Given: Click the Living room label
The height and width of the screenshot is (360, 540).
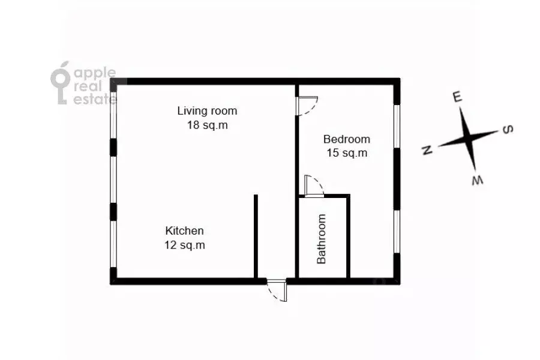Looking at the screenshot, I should pyautogui.click(x=207, y=111).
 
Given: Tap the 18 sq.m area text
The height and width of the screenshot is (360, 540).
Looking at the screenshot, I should pyautogui.click(x=207, y=125).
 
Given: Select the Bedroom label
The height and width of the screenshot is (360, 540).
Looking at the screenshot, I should pyautogui.click(x=347, y=139).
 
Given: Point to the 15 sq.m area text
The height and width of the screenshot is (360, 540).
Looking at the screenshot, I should pyautogui.click(x=347, y=153).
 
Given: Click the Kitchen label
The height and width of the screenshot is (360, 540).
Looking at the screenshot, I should pyautogui.click(x=185, y=230).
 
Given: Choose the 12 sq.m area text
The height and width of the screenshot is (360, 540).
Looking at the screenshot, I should pyautogui.click(x=185, y=245).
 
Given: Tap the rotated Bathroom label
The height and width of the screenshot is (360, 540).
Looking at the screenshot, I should pyautogui.click(x=322, y=239).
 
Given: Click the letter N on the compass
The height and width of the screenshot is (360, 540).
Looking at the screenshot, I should pyautogui.click(x=427, y=151).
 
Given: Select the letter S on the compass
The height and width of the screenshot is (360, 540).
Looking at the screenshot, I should pyautogui.click(x=506, y=129).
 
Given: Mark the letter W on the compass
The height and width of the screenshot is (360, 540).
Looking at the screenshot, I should pyautogui.click(x=477, y=179).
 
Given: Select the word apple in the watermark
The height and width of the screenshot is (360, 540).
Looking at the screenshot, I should pyautogui.click(x=94, y=73).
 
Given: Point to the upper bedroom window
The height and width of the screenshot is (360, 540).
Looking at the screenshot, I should pyautogui.click(x=397, y=126).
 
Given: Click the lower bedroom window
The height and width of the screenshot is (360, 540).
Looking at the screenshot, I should pyautogui.click(x=397, y=232).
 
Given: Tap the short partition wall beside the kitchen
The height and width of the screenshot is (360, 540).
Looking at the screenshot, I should pyautogui.click(x=256, y=236).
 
